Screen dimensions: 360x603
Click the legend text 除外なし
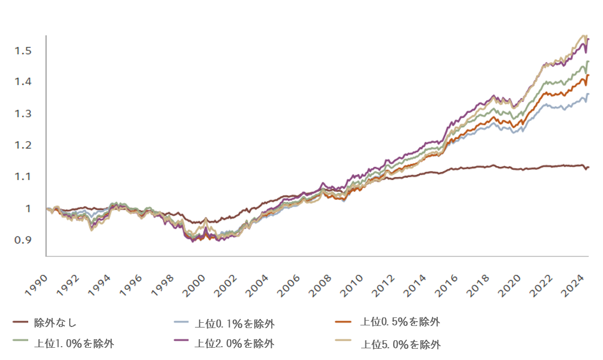59,322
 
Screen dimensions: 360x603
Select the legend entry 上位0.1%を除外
235,323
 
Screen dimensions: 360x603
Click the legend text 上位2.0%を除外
235,343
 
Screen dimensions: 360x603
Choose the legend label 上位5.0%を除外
401,345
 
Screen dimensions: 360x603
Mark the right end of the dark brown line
589,167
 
